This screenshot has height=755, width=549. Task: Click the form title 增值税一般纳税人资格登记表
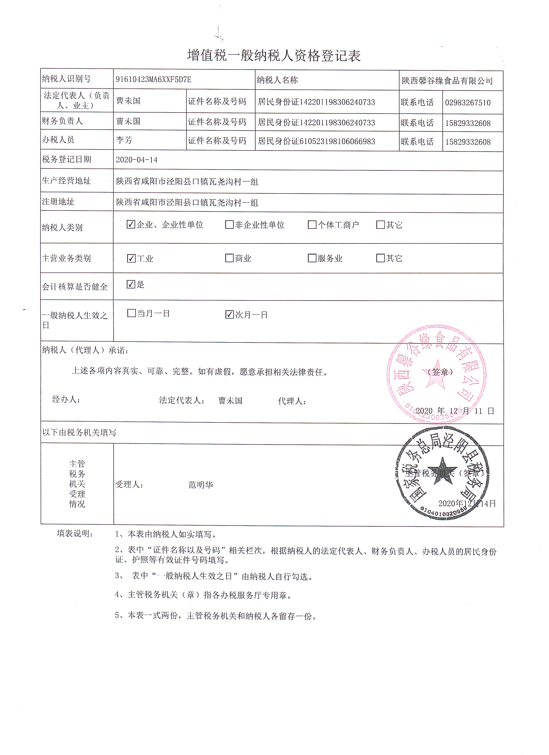tap(274, 56)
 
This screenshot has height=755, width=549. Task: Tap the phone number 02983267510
tap(467, 102)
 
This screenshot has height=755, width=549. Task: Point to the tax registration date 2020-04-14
tap(136, 160)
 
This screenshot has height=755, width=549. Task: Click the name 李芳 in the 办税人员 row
tap(124, 140)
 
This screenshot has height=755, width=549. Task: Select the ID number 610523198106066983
tap(337, 141)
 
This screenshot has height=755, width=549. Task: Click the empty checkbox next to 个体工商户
tap(312, 225)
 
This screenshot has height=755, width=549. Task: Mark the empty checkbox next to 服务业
tap(312, 258)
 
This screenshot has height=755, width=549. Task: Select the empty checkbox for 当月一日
tap(131, 313)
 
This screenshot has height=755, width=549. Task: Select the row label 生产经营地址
tap(66, 181)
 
